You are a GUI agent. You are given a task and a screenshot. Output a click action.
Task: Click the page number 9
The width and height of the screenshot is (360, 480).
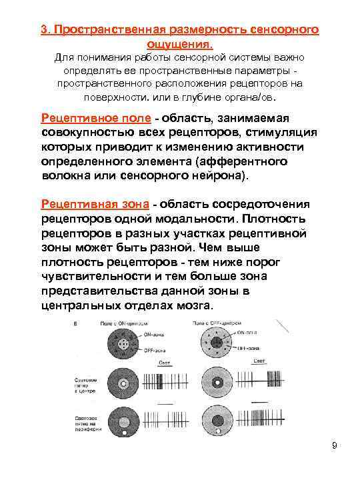[335, 445]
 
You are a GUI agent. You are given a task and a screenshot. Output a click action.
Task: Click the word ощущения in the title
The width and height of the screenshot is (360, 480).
[180, 44]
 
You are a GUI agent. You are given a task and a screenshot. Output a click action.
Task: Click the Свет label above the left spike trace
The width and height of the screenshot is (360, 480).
[163, 363]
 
